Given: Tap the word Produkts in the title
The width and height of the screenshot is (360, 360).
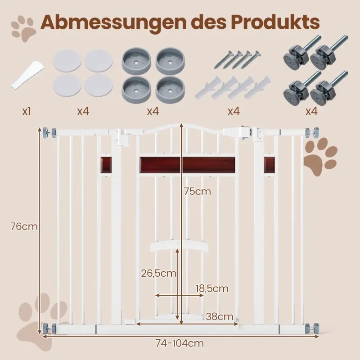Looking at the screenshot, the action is pos(271,22).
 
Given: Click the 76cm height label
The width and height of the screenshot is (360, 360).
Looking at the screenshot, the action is pos(24,227).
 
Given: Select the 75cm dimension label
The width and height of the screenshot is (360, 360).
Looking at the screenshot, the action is pos(198,191).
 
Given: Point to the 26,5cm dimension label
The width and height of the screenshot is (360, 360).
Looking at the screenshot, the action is pos(158,273).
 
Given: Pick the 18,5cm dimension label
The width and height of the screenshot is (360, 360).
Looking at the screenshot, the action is pos(212,288).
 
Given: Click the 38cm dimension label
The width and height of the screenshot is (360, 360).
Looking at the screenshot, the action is pos(220,317).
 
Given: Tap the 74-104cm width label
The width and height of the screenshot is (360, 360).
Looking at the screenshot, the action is pos(180,343).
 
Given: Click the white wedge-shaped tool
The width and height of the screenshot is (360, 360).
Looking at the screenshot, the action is pos(27,75).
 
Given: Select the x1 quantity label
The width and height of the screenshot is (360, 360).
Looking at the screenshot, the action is pos(27,112).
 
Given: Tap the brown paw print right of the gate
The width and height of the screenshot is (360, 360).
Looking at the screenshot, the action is pos(320,157).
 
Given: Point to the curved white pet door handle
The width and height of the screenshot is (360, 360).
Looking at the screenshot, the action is pos(179,246).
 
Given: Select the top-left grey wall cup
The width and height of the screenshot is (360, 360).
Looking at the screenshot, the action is pos(136,61).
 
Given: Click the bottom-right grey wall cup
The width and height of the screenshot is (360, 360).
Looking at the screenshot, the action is pos(170,90).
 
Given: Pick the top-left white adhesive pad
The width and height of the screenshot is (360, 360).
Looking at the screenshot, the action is pos(67,61).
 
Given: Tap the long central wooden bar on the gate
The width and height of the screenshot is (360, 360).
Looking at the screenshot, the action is pos(187,165).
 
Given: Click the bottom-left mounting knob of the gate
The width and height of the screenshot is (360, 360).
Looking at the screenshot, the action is pos(49,329).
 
